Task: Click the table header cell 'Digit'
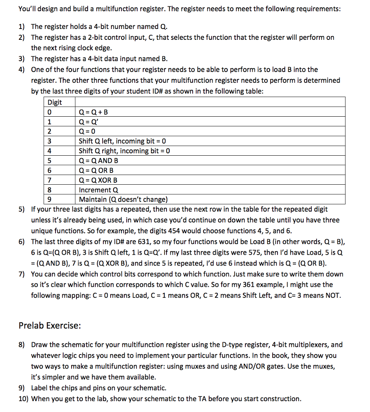coord(55,102)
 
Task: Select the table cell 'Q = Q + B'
coord(94,112)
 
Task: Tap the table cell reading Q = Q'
coord(89,122)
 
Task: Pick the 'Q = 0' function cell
coord(88,132)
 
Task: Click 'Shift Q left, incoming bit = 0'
coord(123,141)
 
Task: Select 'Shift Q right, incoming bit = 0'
coord(125,151)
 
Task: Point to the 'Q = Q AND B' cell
coord(99,161)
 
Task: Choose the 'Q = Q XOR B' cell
coord(99,180)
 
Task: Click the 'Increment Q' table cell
coord(99,190)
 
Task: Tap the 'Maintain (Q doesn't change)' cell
coord(123,200)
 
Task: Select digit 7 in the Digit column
coord(49,180)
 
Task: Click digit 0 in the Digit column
coord(49,112)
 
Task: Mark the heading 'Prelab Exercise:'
coord(50,325)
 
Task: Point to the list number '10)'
coord(23,399)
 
